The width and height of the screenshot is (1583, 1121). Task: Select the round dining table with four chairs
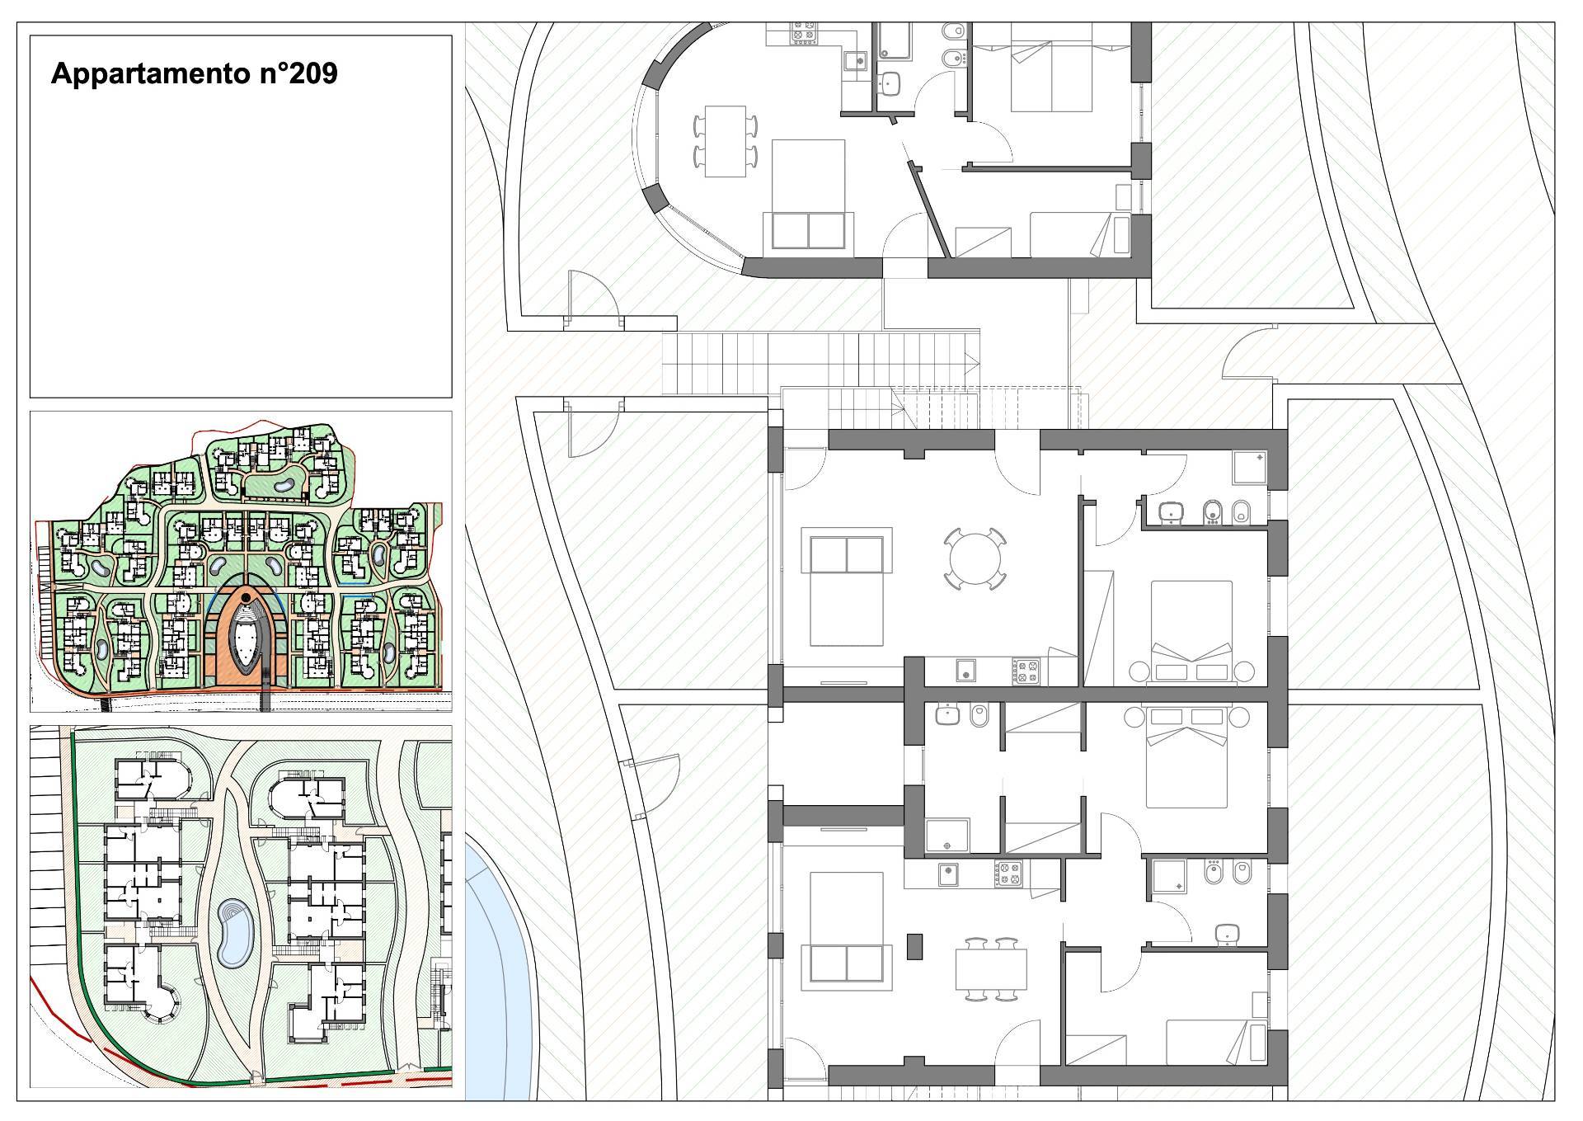point(975,558)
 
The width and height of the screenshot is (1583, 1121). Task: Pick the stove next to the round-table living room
point(1026,671)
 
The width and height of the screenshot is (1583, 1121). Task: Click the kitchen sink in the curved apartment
point(855,60)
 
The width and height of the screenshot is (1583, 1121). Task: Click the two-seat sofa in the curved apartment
point(807,229)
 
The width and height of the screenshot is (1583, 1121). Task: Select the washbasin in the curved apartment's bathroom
point(890,82)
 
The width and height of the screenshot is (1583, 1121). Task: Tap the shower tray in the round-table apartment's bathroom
point(1249,468)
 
